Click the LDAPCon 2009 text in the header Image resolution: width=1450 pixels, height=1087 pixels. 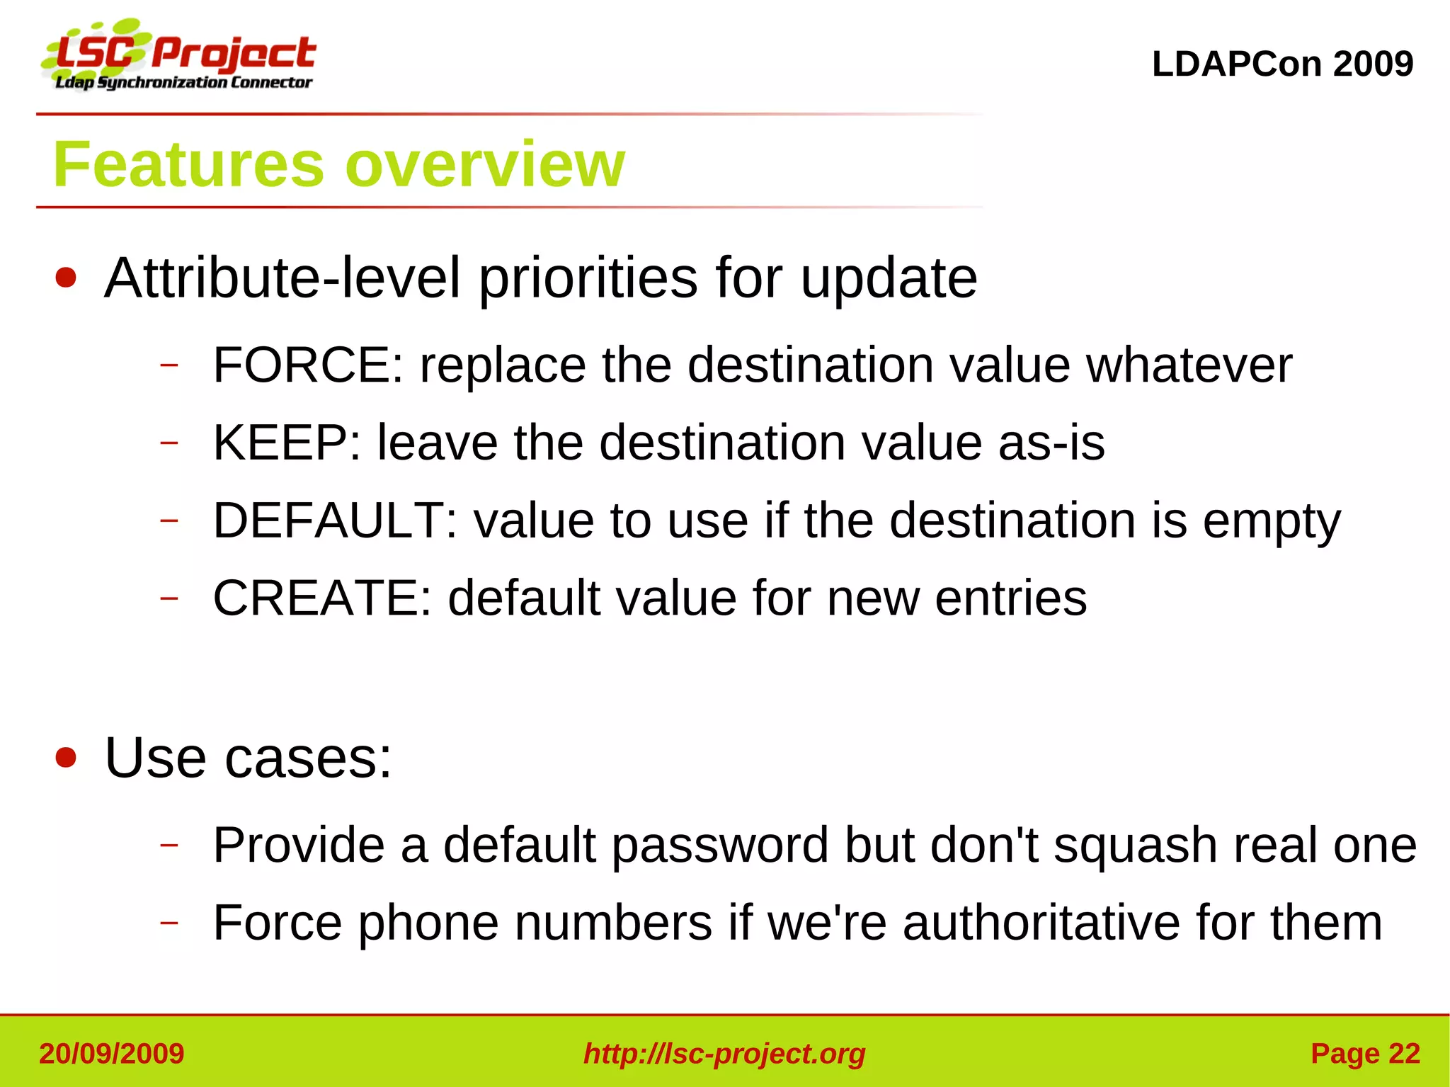[x=1282, y=64]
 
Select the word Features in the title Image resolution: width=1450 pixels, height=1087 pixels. [x=188, y=165]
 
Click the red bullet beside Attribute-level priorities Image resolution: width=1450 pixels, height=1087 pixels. [x=66, y=278]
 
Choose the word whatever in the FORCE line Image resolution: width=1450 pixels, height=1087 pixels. [x=1189, y=365]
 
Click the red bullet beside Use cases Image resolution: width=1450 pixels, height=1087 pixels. [x=66, y=758]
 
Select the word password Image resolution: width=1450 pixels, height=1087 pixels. [x=720, y=846]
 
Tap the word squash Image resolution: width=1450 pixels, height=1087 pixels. [x=1135, y=846]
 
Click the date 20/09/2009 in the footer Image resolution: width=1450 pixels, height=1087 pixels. [x=112, y=1054]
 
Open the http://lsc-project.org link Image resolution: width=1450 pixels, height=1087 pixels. [x=724, y=1054]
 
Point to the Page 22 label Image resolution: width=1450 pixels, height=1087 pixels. [x=1365, y=1054]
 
